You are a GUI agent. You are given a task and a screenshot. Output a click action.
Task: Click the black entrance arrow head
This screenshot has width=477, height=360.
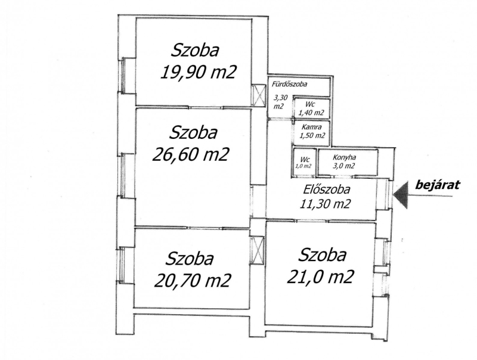pyautogui.click(x=401, y=195)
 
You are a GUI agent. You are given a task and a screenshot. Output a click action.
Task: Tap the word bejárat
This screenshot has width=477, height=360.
pyautogui.click(x=438, y=185)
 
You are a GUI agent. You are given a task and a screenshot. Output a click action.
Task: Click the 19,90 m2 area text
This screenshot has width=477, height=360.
pyautogui.click(x=199, y=72)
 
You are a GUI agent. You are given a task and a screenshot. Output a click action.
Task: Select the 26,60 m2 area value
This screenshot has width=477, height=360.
pyautogui.click(x=190, y=154)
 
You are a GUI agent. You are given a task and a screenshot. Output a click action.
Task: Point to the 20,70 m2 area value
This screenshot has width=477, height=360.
pyautogui.click(x=193, y=280)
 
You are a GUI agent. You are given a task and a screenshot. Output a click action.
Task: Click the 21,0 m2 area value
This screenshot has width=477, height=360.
pyautogui.click(x=320, y=277)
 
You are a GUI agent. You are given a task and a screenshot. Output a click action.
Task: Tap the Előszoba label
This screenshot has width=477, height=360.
pyautogui.click(x=326, y=190)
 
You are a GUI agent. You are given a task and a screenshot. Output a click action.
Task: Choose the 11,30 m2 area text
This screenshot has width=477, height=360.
pyautogui.click(x=325, y=203)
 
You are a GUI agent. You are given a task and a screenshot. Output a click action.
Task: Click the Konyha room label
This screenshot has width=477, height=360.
pyautogui.click(x=345, y=157)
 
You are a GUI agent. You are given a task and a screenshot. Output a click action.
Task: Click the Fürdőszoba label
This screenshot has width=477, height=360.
pyautogui.click(x=289, y=84)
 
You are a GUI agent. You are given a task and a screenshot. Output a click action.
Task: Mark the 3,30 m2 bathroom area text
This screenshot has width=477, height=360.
pyautogui.click(x=280, y=102)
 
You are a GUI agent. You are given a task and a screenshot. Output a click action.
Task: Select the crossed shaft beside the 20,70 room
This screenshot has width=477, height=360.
pyautogui.click(x=257, y=250)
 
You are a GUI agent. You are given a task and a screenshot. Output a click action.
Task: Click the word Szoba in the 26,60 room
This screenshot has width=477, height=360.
pyautogui.click(x=193, y=133)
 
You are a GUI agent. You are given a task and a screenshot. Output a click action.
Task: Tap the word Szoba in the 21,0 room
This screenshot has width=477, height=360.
pyautogui.click(x=322, y=255)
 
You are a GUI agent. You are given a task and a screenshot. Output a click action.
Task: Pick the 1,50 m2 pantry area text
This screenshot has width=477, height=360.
pyautogui.click(x=312, y=136)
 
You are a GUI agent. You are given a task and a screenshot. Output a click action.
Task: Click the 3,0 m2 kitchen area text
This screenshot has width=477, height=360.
pyautogui.click(x=344, y=166)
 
